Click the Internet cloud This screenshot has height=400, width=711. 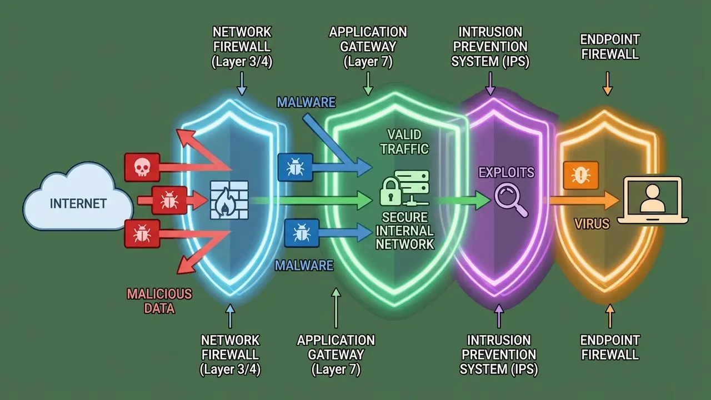click(x=78, y=202)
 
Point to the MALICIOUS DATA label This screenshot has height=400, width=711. click(x=159, y=301)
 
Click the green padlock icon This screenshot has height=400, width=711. click(x=390, y=192)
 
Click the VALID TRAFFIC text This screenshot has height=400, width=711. click(x=405, y=141)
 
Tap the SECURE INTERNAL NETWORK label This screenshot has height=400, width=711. click(x=405, y=230)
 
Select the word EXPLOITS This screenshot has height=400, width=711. click(x=507, y=172)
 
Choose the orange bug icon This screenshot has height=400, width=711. click(x=580, y=173)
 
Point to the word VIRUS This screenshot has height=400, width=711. click(x=592, y=224)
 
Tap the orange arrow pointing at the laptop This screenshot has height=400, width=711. click(x=583, y=201)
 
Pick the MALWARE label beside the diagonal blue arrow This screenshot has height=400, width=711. click(x=306, y=102)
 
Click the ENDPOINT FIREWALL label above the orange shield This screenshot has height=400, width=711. click(x=609, y=47)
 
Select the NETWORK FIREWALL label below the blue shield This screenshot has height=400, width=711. click(x=230, y=354)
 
